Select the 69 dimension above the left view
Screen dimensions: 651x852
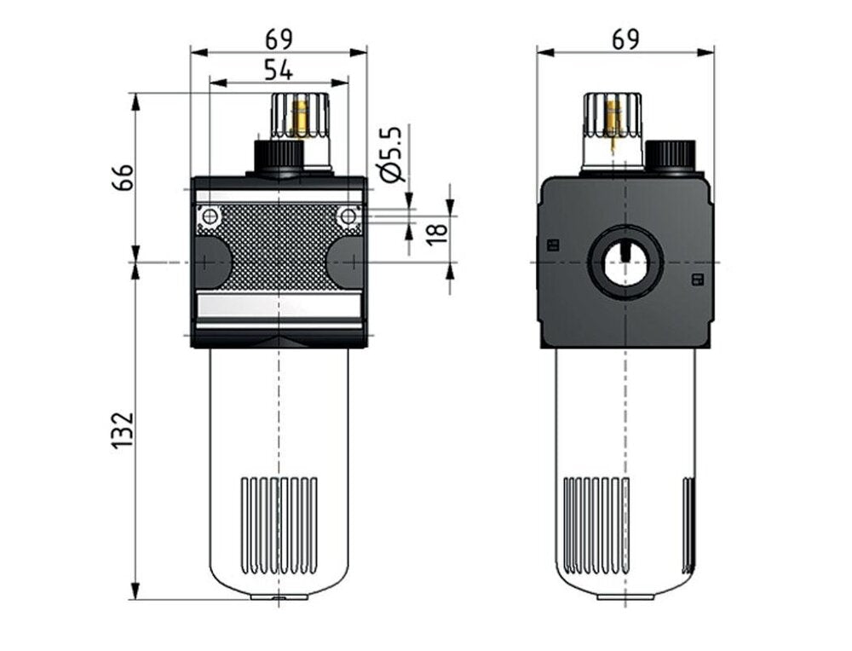(279, 39)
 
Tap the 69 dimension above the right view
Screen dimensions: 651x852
(625, 39)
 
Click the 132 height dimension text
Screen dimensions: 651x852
(124, 430)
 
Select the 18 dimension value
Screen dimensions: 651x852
(435, 231)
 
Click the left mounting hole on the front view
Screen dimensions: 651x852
(208, 217)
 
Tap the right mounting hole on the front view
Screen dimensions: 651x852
(347, 217)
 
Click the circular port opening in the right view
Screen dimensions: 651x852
(625, 263)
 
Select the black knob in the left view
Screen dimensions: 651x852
(279, 158)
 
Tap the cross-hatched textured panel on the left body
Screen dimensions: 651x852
(279, 247)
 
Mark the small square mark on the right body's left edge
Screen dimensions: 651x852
(551, 245)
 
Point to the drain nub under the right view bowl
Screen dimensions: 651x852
(625, 596)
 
